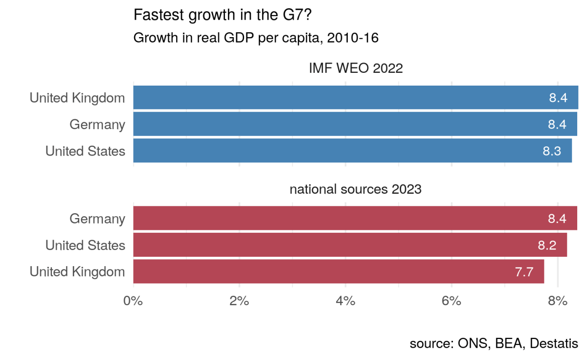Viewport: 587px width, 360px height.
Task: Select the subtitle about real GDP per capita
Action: point(256,38)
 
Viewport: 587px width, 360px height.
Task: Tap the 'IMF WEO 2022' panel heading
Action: point(356,68)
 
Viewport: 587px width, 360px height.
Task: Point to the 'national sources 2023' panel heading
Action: point(356,189)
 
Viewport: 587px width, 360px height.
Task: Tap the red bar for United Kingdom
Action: point(338,271)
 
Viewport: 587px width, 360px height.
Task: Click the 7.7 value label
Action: point(524,272)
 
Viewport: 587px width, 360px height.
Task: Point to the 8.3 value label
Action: point(552,151)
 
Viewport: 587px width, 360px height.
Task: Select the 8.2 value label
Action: point(547,245)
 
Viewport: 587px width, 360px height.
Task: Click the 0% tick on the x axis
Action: point(133,301)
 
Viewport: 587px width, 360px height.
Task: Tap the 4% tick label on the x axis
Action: point(345,301)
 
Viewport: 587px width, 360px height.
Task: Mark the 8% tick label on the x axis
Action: point(558,301)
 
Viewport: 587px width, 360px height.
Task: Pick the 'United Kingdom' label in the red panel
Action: point(77,271)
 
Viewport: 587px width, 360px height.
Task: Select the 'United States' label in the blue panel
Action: point(85,151)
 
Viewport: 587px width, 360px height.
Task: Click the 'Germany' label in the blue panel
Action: point(97,124)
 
